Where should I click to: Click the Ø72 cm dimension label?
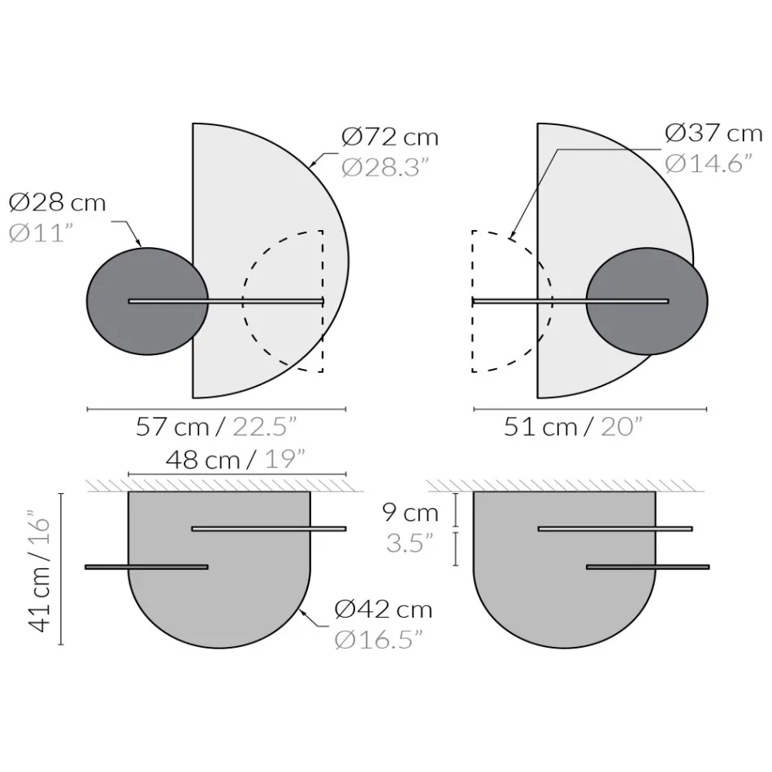[x=390, y=137]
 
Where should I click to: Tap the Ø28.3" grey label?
[x=384, y=167]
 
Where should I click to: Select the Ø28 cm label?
[x=58, y=202]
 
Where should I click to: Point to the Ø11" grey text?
[x=41, y=232]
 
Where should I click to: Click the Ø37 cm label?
[x=713, y=132]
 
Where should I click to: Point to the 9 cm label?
[x=410, y=513]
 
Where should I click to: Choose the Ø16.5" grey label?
[x=379, y=640]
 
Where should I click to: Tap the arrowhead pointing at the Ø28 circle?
[x=140, y=244]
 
